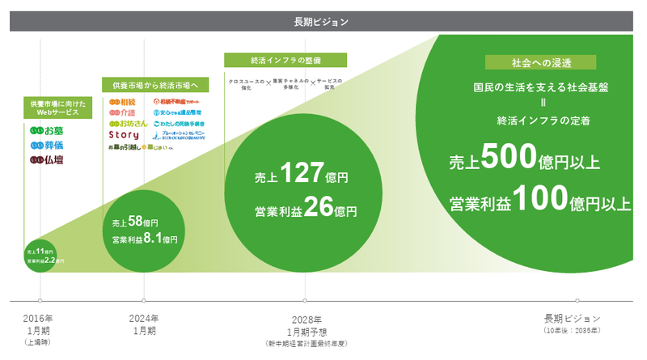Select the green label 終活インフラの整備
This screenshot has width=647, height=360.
[285, 60]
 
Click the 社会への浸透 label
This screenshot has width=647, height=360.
[539, 62]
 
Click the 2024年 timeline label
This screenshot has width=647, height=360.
[144, 318]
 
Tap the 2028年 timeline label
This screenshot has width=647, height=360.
[306, 320]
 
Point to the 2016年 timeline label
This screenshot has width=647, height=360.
[39, 318]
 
